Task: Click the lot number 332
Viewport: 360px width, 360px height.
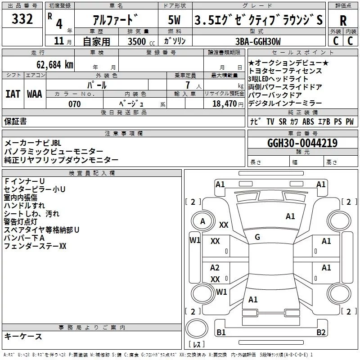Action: tap(22, 19)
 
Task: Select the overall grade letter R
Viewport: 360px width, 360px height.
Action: tap(343, 20)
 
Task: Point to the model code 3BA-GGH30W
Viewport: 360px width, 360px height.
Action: tap(258, 41)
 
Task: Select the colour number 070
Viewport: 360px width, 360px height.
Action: tap(74, 104)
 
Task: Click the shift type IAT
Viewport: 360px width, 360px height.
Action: tap(13, 94)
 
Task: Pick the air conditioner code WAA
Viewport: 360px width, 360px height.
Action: tap(35, 94)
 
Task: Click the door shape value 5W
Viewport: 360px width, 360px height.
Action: tap(174, 20)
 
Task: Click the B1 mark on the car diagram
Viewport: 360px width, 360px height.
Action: tap(221, 333)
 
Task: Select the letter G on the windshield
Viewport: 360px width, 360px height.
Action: tap(257, 237)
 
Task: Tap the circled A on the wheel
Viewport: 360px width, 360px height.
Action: tap(203, 221)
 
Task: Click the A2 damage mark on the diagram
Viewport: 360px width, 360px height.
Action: tap(215, 268)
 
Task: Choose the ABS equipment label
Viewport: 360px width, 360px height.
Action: tap(308, 121)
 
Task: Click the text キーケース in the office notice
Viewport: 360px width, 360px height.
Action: tap(23, 336)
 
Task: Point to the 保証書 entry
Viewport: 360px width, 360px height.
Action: tap(15, 121)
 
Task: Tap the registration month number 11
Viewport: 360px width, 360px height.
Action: tap(58, 41)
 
